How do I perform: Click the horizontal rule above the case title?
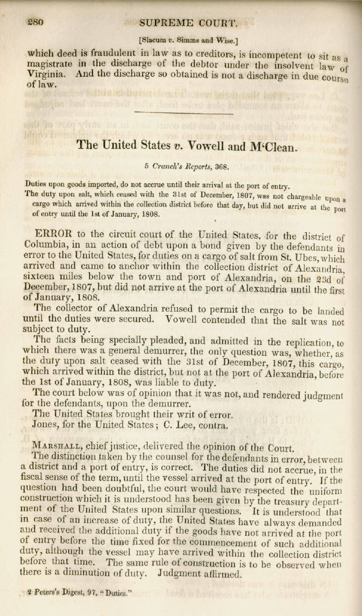click(183, 114)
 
